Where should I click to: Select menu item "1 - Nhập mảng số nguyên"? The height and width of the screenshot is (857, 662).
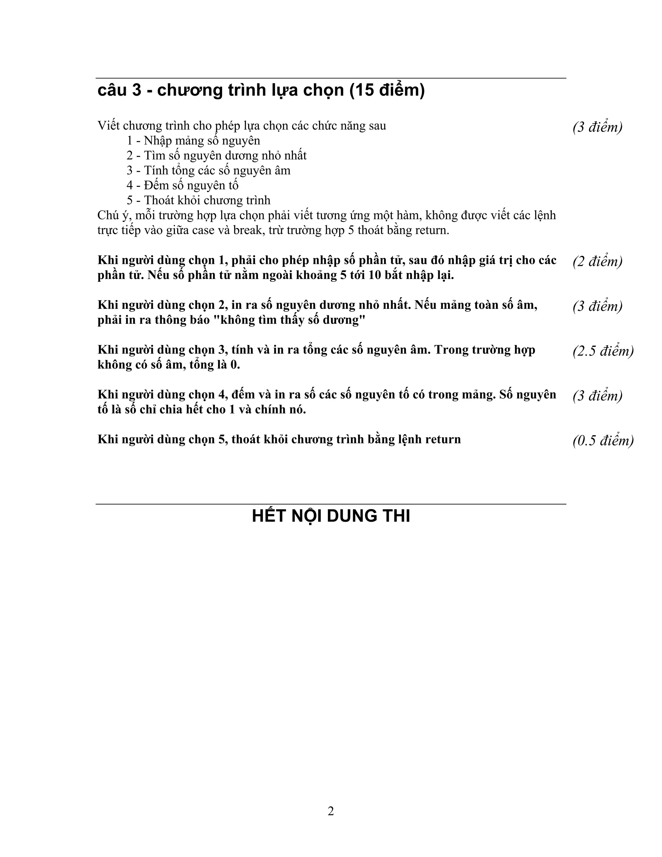pos(193,140)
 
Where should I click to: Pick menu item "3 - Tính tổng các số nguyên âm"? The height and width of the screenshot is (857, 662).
pos(208,170)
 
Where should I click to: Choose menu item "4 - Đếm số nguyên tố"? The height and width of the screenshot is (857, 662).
pos(182,185)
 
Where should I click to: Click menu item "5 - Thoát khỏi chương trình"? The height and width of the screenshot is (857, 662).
pos(198,200)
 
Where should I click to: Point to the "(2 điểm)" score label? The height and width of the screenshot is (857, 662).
pos(597,261)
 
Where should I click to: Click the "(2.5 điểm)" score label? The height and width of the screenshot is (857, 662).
pos(603,351)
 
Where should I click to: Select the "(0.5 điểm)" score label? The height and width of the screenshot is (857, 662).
pos(603,441)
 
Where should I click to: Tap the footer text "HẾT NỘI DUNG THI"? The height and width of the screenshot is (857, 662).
pos(331,516)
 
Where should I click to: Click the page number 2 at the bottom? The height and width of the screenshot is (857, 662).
pos(331,811)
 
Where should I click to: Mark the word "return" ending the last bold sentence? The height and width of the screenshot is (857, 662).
pos(443,439)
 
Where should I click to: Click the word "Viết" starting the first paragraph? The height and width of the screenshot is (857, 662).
pos(109,126)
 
